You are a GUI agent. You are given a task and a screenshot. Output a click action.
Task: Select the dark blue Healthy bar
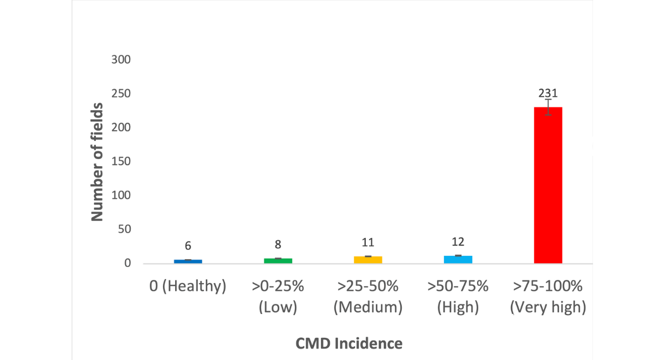tap(188, 261)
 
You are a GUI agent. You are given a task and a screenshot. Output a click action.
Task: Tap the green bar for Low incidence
tap(278, 260)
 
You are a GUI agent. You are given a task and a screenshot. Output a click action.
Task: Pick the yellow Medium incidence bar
tap(368, 260)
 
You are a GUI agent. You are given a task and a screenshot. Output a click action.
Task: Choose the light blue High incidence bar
tap(458, 259)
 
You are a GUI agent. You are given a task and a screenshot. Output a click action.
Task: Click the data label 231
tap(548, 93)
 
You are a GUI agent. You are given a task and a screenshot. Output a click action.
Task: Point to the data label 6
tap(188, 245)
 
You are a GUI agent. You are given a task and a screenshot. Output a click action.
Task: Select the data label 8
tap(278, 244)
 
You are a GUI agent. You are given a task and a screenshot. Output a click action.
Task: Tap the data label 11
tap(368, 242)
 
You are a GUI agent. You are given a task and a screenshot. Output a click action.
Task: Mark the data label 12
tap(458, 241)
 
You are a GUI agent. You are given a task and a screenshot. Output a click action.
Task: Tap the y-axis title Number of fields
tap(98, 162)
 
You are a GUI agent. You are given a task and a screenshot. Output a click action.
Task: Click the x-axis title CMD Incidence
tap(349, 343)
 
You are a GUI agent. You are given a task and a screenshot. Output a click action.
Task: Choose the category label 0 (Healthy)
tap(188, 287)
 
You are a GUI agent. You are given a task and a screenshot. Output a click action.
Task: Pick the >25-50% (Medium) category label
tap(368, 297)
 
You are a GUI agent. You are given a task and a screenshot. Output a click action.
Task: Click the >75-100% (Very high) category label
tap(548, 297)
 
